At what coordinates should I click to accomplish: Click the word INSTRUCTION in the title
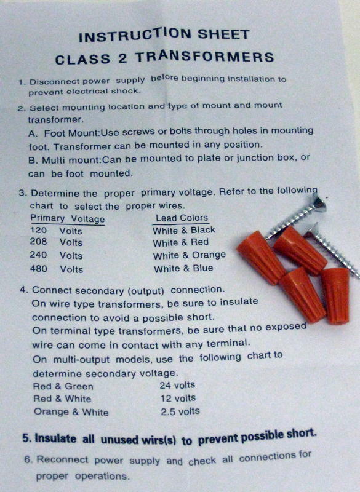[x=135, y=34]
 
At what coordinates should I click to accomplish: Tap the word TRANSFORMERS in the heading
[x=205, y=57]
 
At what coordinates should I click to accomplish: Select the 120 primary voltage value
[x=38, y=230]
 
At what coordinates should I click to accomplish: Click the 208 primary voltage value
[x=38, y=242]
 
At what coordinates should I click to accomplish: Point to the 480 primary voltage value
[x=38, y=269]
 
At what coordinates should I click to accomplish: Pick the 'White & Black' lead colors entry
[x=184, y=230]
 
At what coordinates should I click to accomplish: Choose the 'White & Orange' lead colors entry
[x=190, y=255]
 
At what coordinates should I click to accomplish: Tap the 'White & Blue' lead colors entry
[x=183, y=269]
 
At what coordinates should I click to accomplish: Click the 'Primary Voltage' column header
[x=68, y=218]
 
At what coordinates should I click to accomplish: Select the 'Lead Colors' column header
[x=182, y=218]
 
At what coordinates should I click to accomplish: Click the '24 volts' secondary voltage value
[x=177, y=385]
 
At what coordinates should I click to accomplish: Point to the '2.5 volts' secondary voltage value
[x=180, y=411]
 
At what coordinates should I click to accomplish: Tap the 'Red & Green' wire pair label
[x=63, y=386]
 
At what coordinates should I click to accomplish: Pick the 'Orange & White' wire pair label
[x=71, y=411]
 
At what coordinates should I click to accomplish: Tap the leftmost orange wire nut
[x=260, y=256]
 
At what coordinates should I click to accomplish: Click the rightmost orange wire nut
[x=335, y=295]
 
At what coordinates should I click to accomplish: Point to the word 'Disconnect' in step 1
[x=54, y=82]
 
